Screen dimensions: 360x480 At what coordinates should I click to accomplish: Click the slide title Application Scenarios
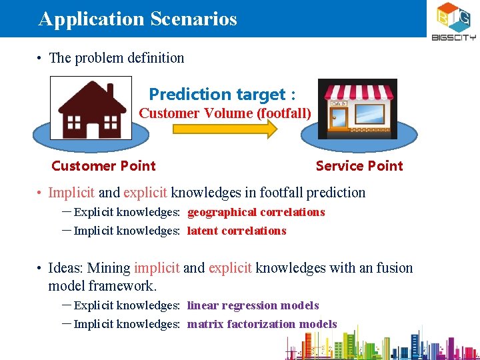point(137,19)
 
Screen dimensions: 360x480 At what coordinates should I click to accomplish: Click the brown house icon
point(91,109)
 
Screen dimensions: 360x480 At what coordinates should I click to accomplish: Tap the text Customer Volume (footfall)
point(225,113)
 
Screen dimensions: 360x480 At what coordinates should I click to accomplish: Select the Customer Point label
point(103,166)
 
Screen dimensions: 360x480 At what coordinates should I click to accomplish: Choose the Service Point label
point(359,166)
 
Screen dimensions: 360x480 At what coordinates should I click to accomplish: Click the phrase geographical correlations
point(256,213)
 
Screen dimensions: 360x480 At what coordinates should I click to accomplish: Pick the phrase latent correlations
point(237,231)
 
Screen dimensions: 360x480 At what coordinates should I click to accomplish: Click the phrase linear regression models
point(253,306)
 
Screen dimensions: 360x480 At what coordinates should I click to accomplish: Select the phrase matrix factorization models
point(262,325)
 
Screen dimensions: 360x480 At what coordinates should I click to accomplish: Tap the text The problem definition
point(117,58)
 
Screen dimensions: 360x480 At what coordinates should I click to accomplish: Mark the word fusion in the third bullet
point(395,268)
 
